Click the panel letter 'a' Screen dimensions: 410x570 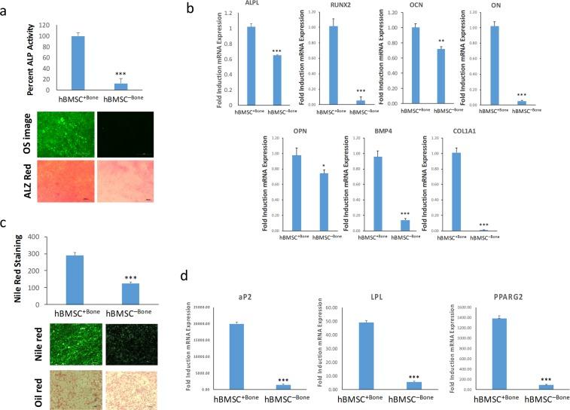point(6,8)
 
